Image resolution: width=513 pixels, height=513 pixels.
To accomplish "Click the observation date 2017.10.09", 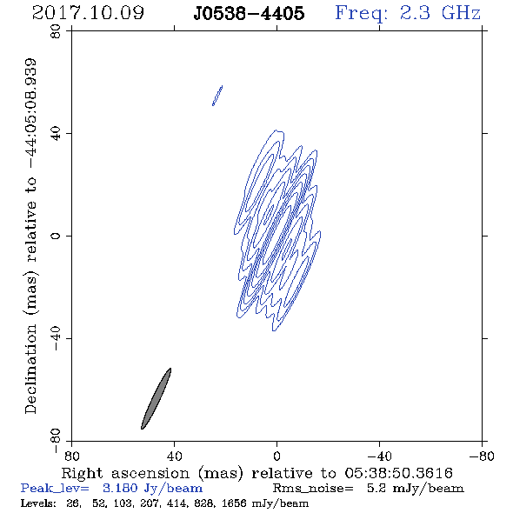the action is (88, 13).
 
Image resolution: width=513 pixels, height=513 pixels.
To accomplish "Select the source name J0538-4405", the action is (249, 13).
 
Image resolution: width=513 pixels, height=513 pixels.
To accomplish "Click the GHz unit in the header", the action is (461, 13).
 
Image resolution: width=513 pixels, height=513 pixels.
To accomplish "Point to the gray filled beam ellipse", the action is (156, 398).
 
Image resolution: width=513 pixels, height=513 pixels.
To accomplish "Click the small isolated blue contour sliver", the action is (217, 96).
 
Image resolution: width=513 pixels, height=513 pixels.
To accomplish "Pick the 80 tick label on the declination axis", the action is (56, 31).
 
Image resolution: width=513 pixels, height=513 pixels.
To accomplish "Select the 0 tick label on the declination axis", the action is (56, 236).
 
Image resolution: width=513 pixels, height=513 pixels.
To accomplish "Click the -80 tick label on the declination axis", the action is (56, 440).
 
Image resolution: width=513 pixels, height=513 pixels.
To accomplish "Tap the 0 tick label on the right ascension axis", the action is (276, 456).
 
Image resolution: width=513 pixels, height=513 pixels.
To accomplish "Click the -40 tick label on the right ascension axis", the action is (379, 456).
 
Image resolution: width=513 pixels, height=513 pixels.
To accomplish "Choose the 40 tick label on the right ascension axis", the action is (174, 456).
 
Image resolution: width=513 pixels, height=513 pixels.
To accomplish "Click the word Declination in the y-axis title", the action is (30, 369).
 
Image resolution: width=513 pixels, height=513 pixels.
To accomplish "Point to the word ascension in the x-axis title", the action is (150, 473).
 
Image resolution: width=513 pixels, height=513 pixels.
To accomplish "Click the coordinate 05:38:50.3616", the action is (399, 473).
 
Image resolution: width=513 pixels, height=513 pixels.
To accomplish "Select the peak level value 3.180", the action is (120, 488).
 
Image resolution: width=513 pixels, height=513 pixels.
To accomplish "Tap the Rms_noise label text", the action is (313, 489).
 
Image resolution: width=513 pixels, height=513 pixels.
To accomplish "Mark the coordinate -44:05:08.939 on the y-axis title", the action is (31, 113).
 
